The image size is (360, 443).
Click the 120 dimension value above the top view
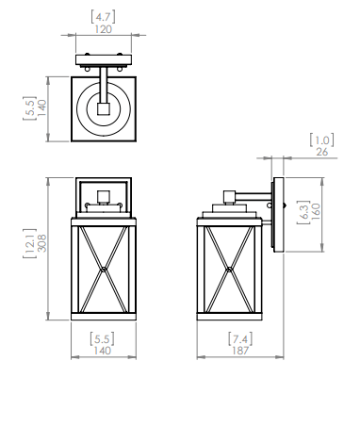(104, 29)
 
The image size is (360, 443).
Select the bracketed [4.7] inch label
(104, 16)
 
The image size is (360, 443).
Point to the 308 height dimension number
(41, 243)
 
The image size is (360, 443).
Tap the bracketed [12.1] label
(30, 243)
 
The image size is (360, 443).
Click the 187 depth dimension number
(240, 351)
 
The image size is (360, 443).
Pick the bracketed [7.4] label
(240, 338)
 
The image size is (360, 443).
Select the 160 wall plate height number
(317, 211)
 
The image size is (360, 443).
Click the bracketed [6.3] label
(303, 212)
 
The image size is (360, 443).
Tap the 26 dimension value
(322, 152)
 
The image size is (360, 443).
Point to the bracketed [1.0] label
(322, 139)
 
